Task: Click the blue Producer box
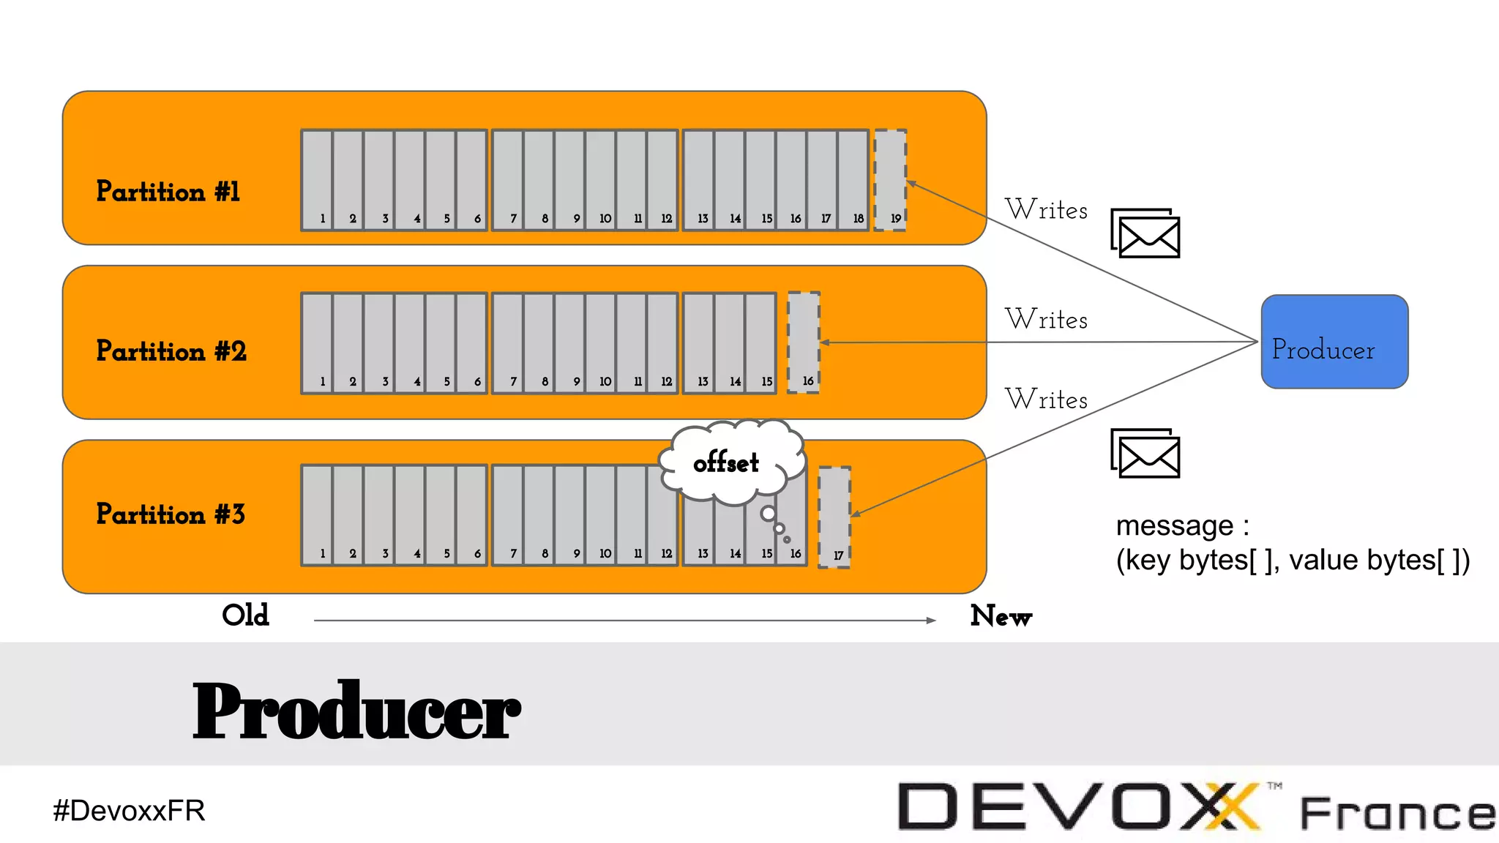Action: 1334,342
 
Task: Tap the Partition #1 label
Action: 168,192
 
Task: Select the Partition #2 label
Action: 171,351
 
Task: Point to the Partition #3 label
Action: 170,514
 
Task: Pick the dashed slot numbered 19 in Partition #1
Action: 891,180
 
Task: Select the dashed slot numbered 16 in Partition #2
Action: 803,342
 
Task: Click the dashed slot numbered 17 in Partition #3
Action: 834,517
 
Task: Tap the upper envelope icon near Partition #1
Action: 1145,233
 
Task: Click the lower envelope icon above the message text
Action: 1145,453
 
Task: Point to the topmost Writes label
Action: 1046,210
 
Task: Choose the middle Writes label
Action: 1046,320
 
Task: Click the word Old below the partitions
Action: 245,615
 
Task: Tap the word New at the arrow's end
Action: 1001,616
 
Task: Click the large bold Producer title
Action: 356,711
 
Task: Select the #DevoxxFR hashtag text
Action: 129,811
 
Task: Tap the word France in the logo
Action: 1397,814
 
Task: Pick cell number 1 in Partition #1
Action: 317,180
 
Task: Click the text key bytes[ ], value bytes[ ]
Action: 1293,561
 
